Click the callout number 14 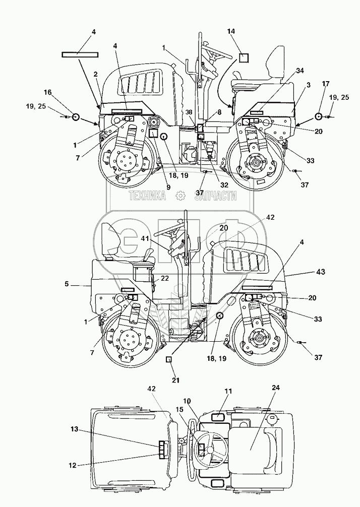231,32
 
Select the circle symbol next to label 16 75,117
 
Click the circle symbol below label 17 319,117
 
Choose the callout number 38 188,113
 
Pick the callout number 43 320,272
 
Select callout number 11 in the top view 228,391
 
